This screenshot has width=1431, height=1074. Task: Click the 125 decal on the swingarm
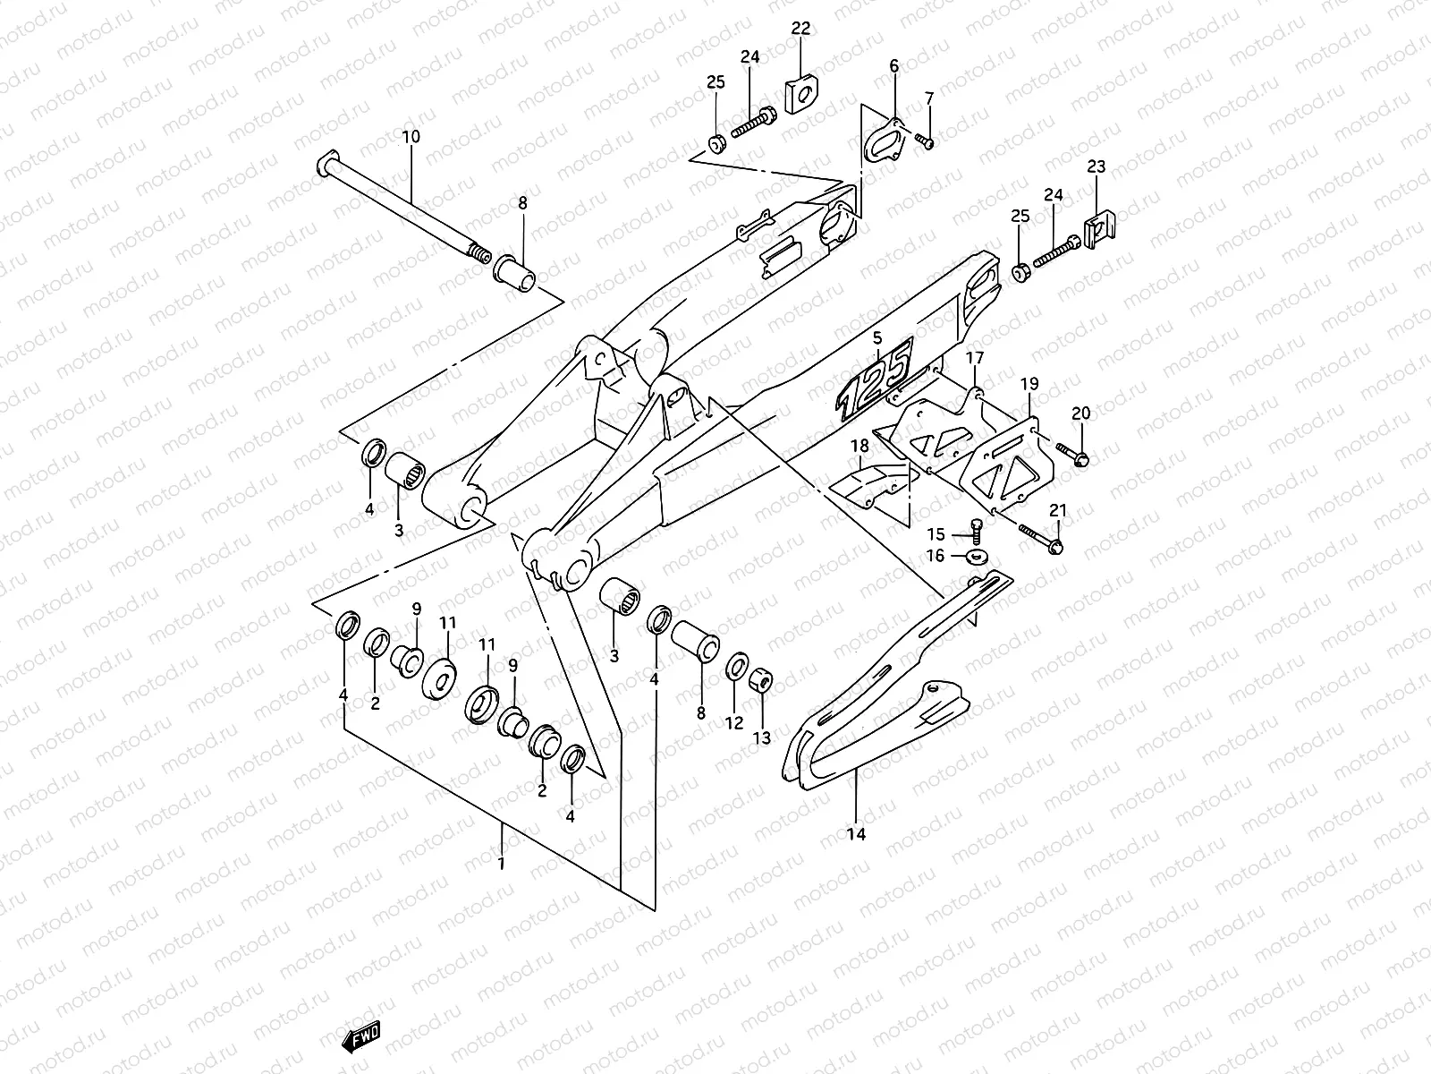point(875,379)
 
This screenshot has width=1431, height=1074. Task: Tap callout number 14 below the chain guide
point(856,834)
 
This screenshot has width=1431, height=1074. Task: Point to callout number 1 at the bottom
point(502,865)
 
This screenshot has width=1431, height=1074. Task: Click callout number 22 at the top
point(800,29)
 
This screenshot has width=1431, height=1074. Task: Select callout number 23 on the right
point(1097,166)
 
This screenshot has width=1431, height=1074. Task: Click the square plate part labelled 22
point(801,94)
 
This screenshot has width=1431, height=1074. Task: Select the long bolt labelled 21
point(1039,537)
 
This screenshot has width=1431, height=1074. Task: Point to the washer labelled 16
point(979,558)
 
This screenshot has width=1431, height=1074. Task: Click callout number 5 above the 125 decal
point(876,337)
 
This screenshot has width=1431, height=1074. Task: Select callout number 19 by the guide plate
point(1029,384)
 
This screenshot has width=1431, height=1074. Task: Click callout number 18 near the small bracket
point(859,445)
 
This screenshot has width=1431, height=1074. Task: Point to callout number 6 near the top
point(893,65)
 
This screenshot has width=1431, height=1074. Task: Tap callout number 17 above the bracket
point(974,358)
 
